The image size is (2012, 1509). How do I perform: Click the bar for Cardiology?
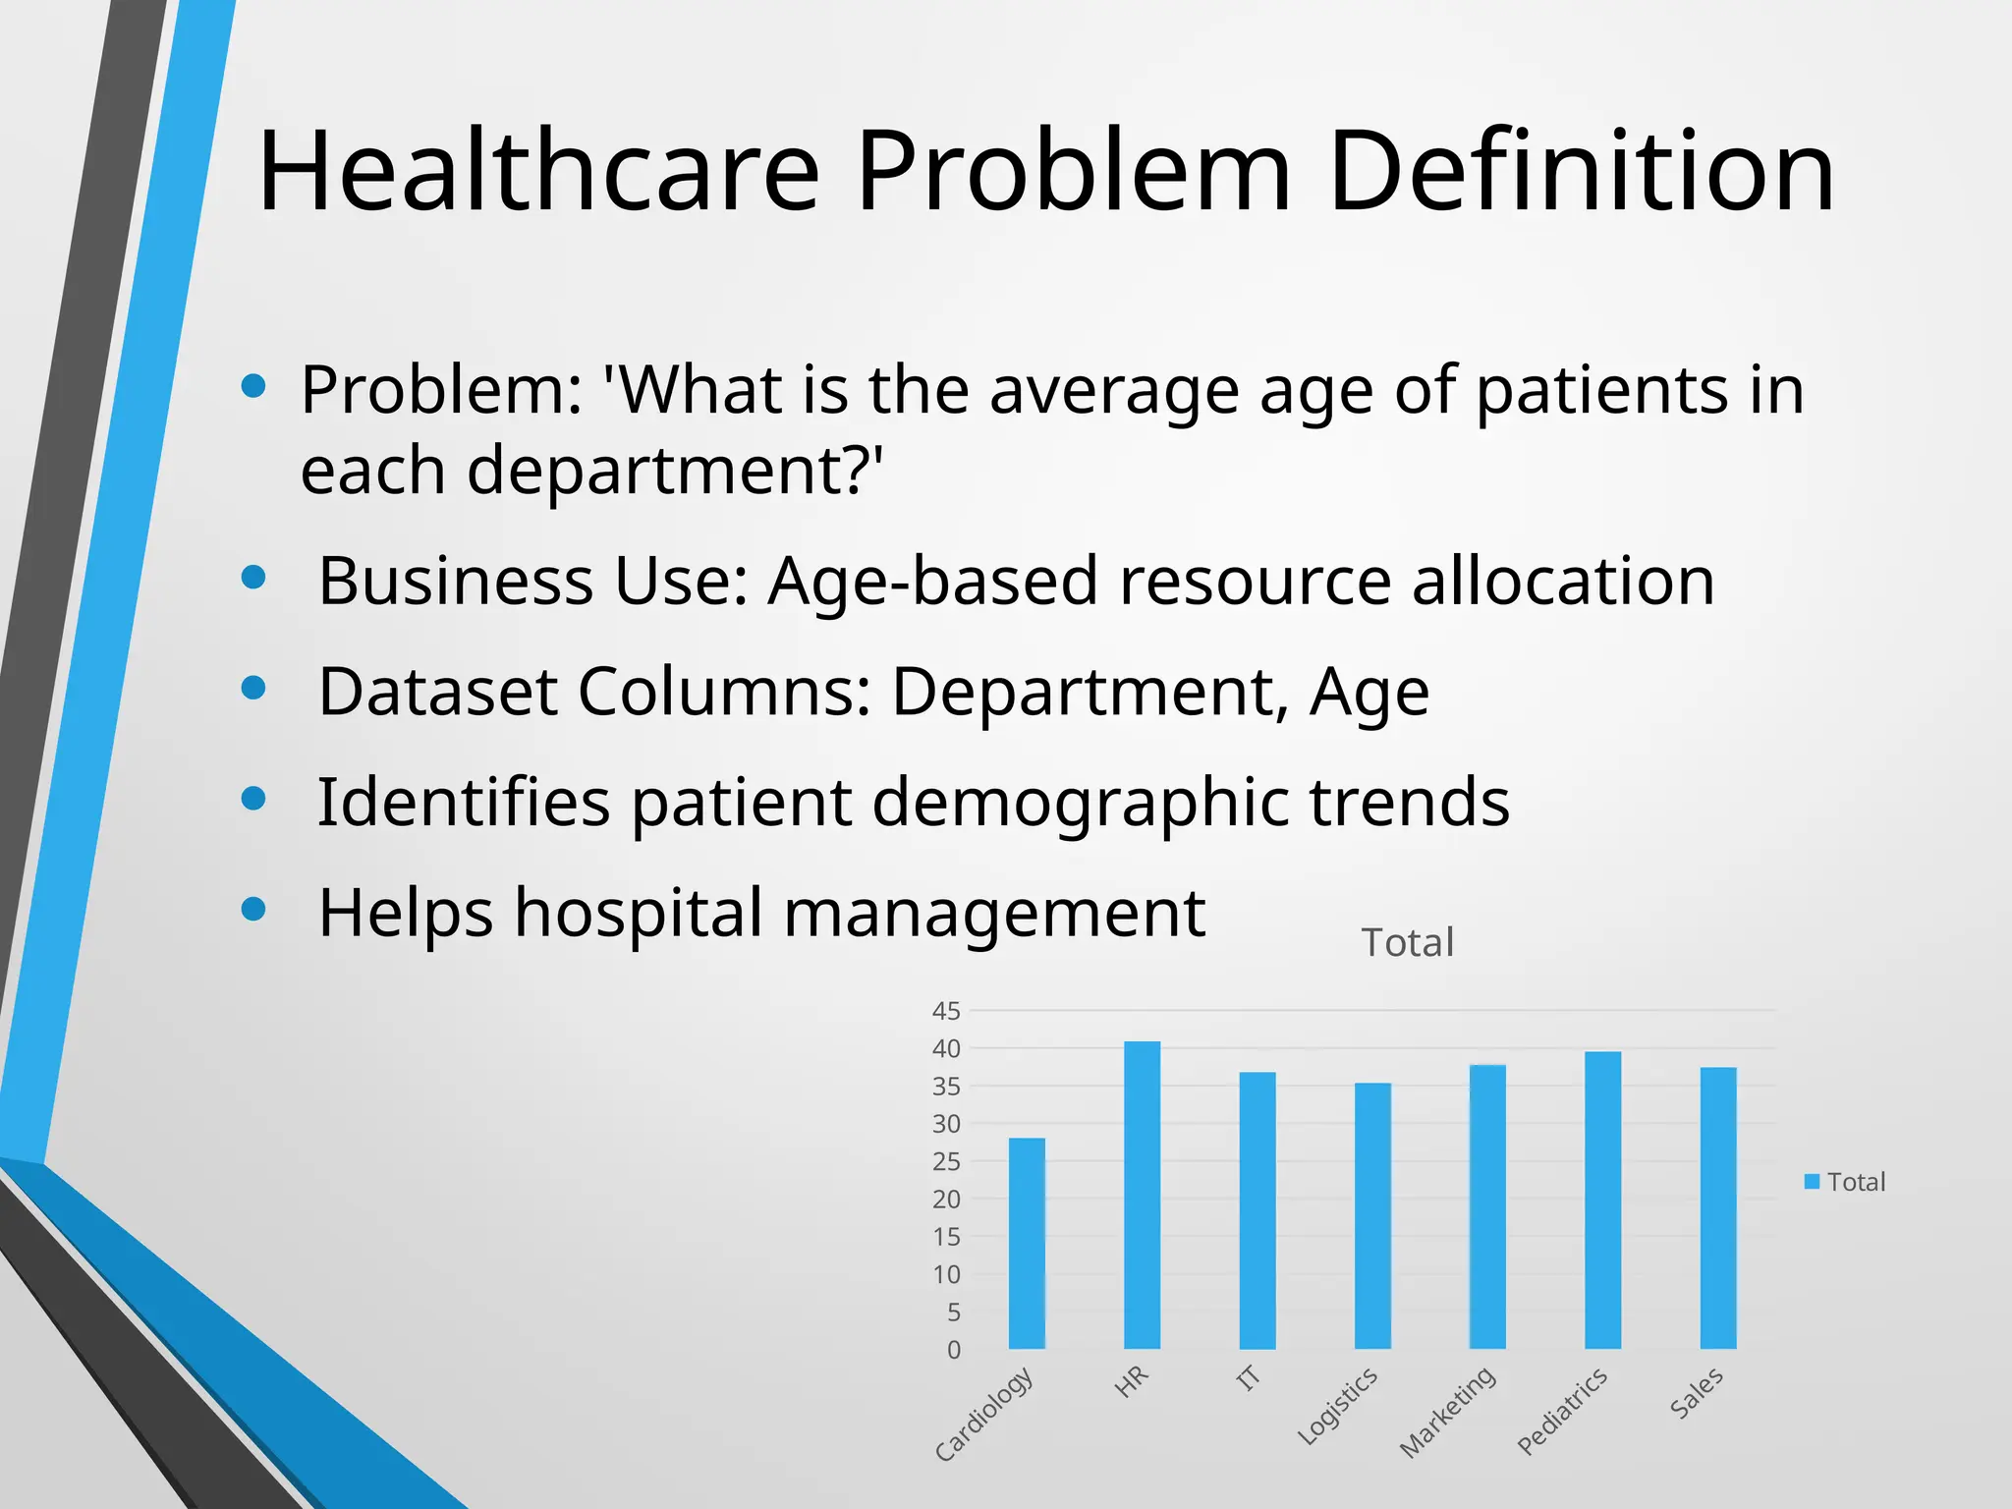pos(1027,1243)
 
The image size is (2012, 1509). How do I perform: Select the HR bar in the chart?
pos(1142,1195)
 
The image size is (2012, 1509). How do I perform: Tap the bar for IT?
pos(1257,1210)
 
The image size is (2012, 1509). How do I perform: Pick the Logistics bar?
pos(1372,1215)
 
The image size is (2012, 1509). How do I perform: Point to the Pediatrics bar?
pos(1602,1200)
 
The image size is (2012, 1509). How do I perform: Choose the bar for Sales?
pos(1718,1207)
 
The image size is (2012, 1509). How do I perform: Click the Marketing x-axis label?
pos(1448,1412)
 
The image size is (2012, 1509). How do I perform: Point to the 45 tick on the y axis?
pos(946,1011)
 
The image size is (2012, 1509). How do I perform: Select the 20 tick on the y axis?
pos(946,1200)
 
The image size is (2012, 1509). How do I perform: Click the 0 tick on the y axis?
pos(953,1350)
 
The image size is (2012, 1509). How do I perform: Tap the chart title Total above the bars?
pos(1407,943)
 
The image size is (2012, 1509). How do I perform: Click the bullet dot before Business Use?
pos(253,578)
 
